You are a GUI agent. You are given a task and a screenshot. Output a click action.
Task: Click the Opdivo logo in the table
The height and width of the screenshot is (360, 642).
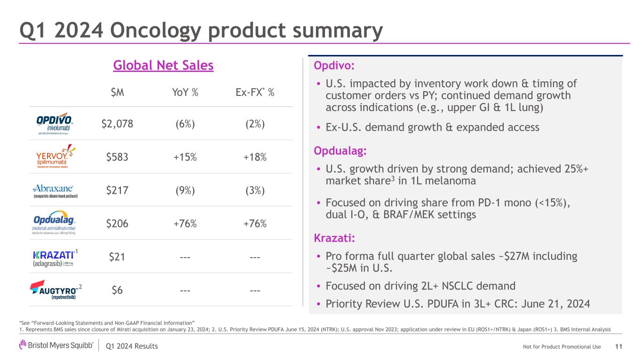click(x=54, y=124)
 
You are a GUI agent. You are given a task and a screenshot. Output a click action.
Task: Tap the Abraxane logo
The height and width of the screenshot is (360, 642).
click(x=55, y=190)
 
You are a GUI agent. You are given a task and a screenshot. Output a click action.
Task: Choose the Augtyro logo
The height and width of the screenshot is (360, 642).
click(x=55, y=290)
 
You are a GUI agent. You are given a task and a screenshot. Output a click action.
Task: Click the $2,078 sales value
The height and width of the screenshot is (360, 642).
click(x=117, y=124)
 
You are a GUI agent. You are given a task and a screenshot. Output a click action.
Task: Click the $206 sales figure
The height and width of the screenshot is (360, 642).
click(x=117, y=224)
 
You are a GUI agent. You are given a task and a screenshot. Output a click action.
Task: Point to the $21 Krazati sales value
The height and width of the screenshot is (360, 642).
click(x=117, y=257)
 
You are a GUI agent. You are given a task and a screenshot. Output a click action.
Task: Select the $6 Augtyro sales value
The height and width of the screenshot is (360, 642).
click(x=117, y=290)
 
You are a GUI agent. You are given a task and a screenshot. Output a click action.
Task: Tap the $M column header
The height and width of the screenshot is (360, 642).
click(x=117, y=93)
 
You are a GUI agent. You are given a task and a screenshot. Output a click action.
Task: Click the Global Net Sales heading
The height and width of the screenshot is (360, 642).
click(x=163, y=66)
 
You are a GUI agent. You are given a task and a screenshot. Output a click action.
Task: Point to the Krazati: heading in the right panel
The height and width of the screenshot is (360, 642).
click(x=334, y=239)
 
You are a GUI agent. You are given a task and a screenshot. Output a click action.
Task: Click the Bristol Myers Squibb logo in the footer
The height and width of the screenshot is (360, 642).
click(x=56, y=346)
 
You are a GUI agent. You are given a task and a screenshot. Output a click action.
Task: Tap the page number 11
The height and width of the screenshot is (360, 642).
click(x=618, y=346)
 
